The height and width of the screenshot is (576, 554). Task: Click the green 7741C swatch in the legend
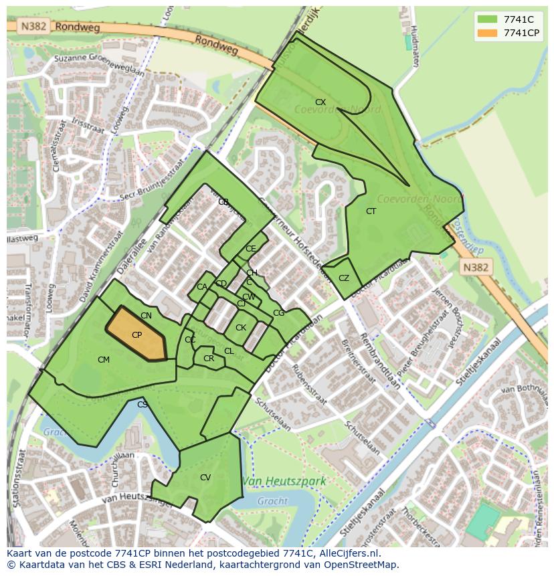(488, 19)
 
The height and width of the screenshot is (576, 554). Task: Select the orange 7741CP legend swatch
(488, 33)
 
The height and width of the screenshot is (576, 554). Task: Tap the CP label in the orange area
(136, 335)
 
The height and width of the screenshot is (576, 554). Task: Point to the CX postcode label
(320, 102)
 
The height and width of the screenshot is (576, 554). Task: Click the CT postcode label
(371, 211)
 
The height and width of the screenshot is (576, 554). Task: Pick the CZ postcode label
(344, 278)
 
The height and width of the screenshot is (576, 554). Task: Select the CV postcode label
(205, 478)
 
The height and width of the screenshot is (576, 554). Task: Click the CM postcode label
(104, 360)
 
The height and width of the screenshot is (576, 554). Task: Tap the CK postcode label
(241, 328)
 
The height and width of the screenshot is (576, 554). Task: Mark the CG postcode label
(278, 313)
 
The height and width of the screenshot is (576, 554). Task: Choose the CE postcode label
(251, 249)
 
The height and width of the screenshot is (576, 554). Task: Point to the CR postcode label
(209, 359)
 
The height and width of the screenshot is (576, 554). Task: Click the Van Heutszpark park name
(284, 481)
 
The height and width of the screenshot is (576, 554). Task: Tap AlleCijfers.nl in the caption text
(348, 553)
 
